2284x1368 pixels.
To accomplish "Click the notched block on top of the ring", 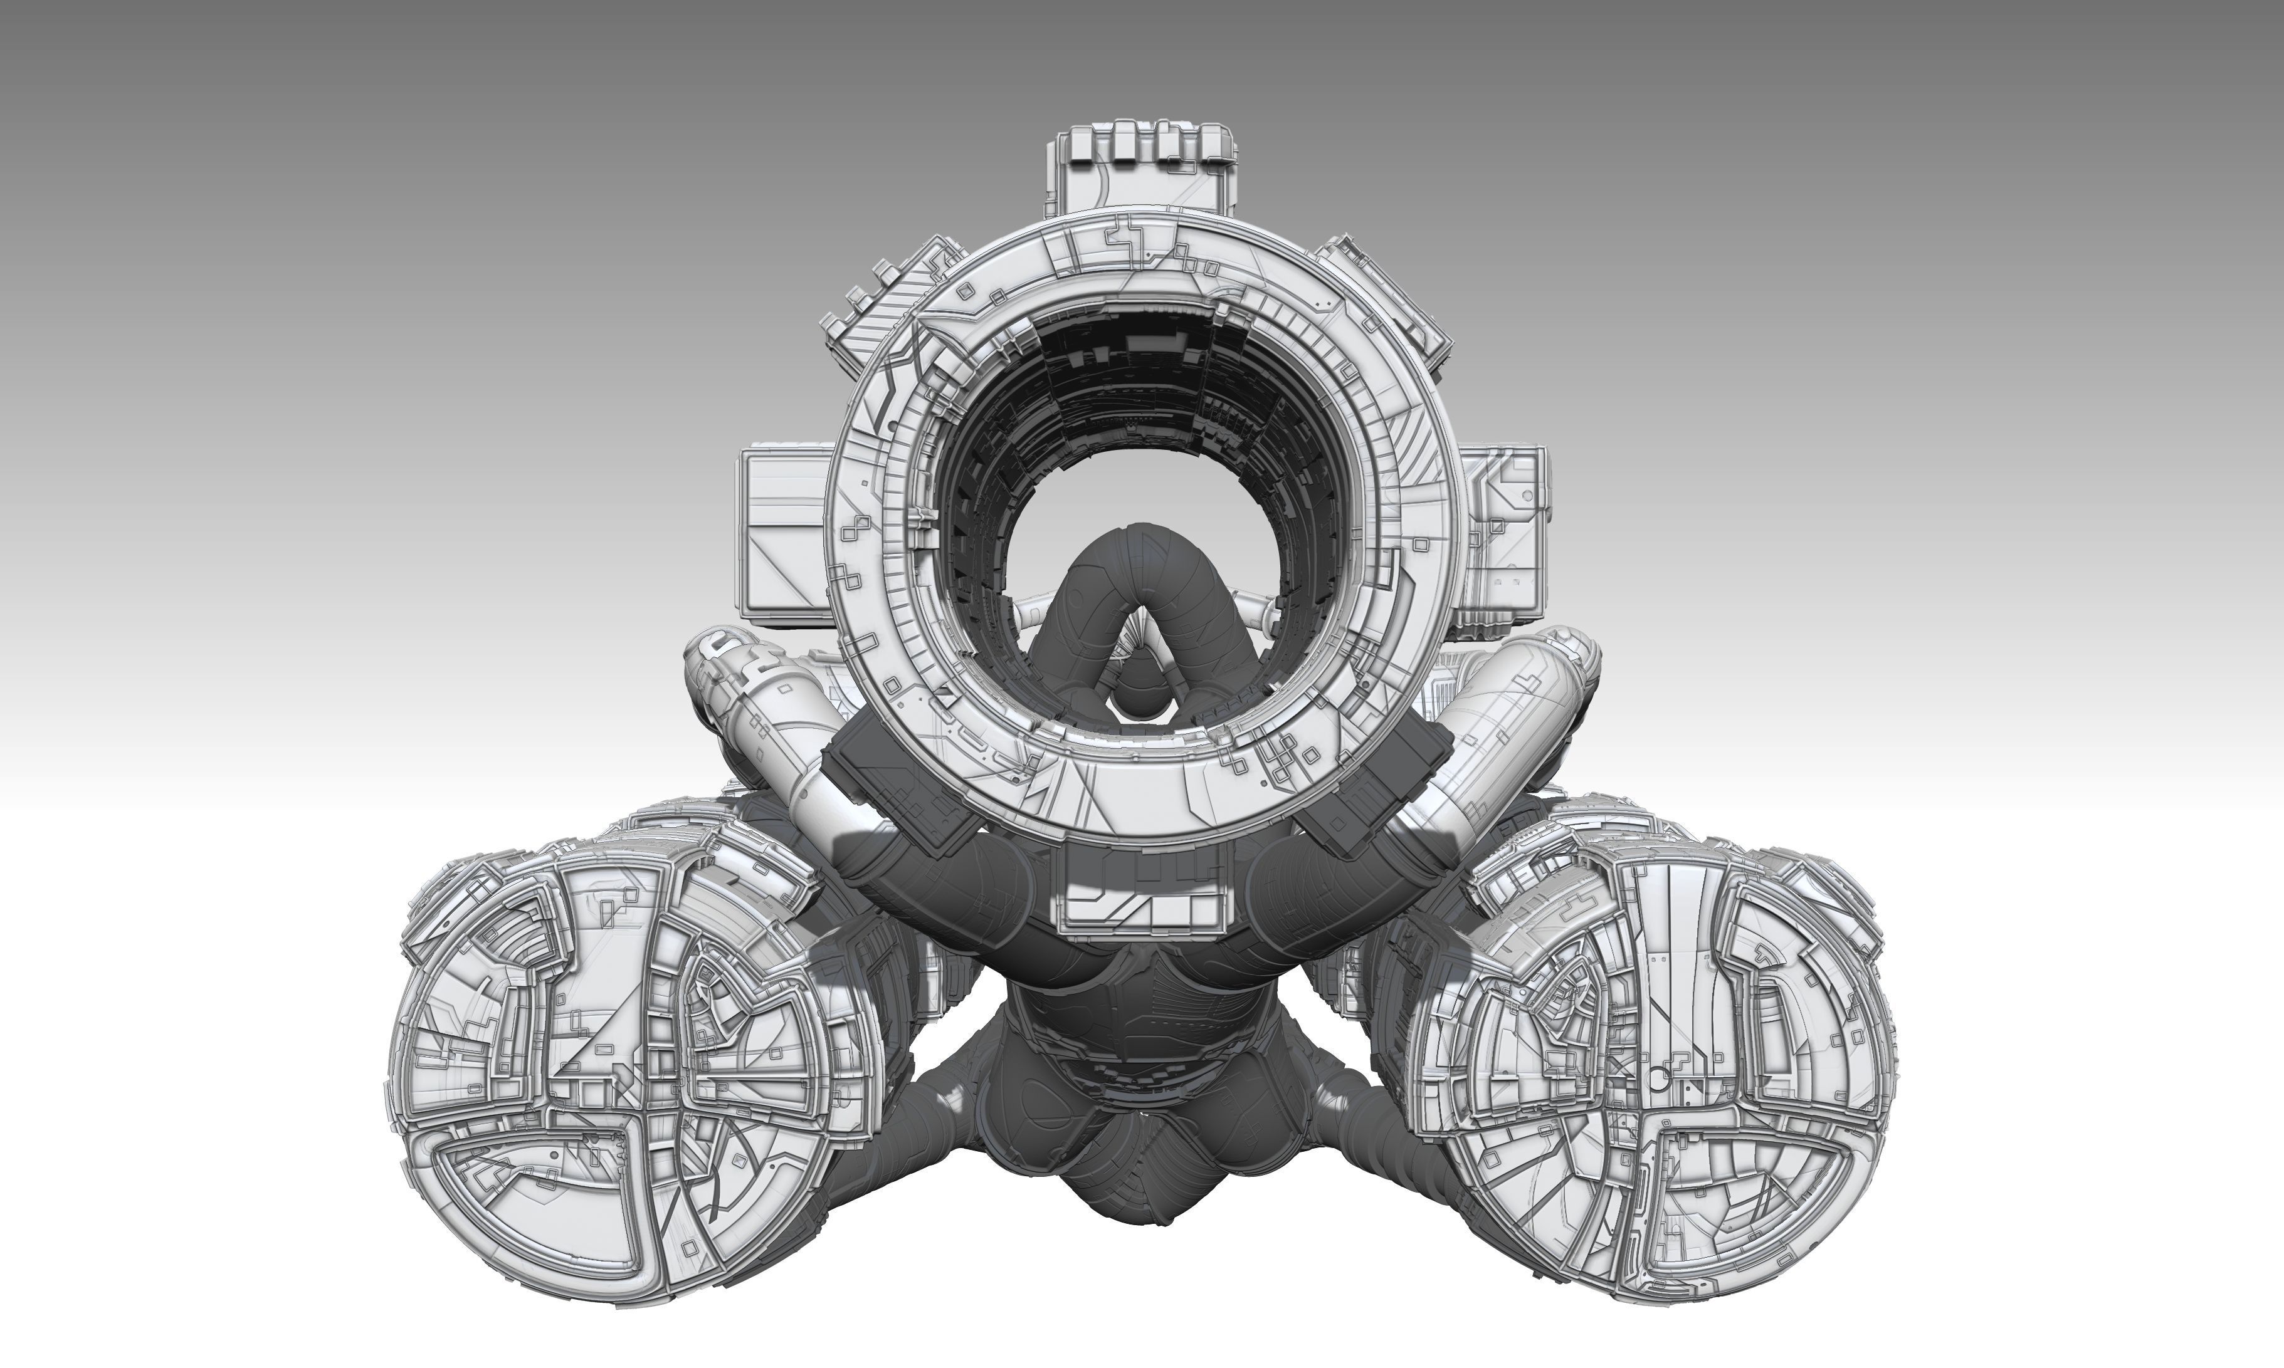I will click(1144, 170).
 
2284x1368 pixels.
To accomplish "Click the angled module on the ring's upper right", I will click(1383, 295).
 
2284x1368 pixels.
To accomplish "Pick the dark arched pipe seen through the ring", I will click(1144, 572).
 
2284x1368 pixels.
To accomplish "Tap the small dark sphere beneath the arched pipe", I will click(1144, 701).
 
